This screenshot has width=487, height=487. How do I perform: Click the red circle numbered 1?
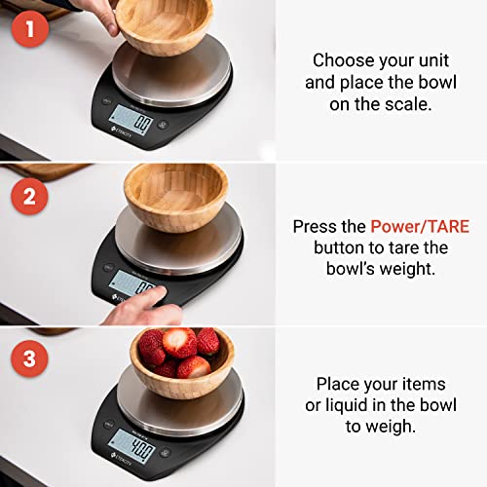(x=29, y=30)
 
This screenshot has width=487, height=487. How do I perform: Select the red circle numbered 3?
(x=29, y=358)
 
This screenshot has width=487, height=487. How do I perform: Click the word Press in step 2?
(x=317, y=227)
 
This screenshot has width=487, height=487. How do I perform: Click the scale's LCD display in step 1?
(x=131, y=123)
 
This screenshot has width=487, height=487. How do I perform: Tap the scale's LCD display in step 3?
(x=131, y=450)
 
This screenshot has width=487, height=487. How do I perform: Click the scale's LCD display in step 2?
(x=131, y=285)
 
